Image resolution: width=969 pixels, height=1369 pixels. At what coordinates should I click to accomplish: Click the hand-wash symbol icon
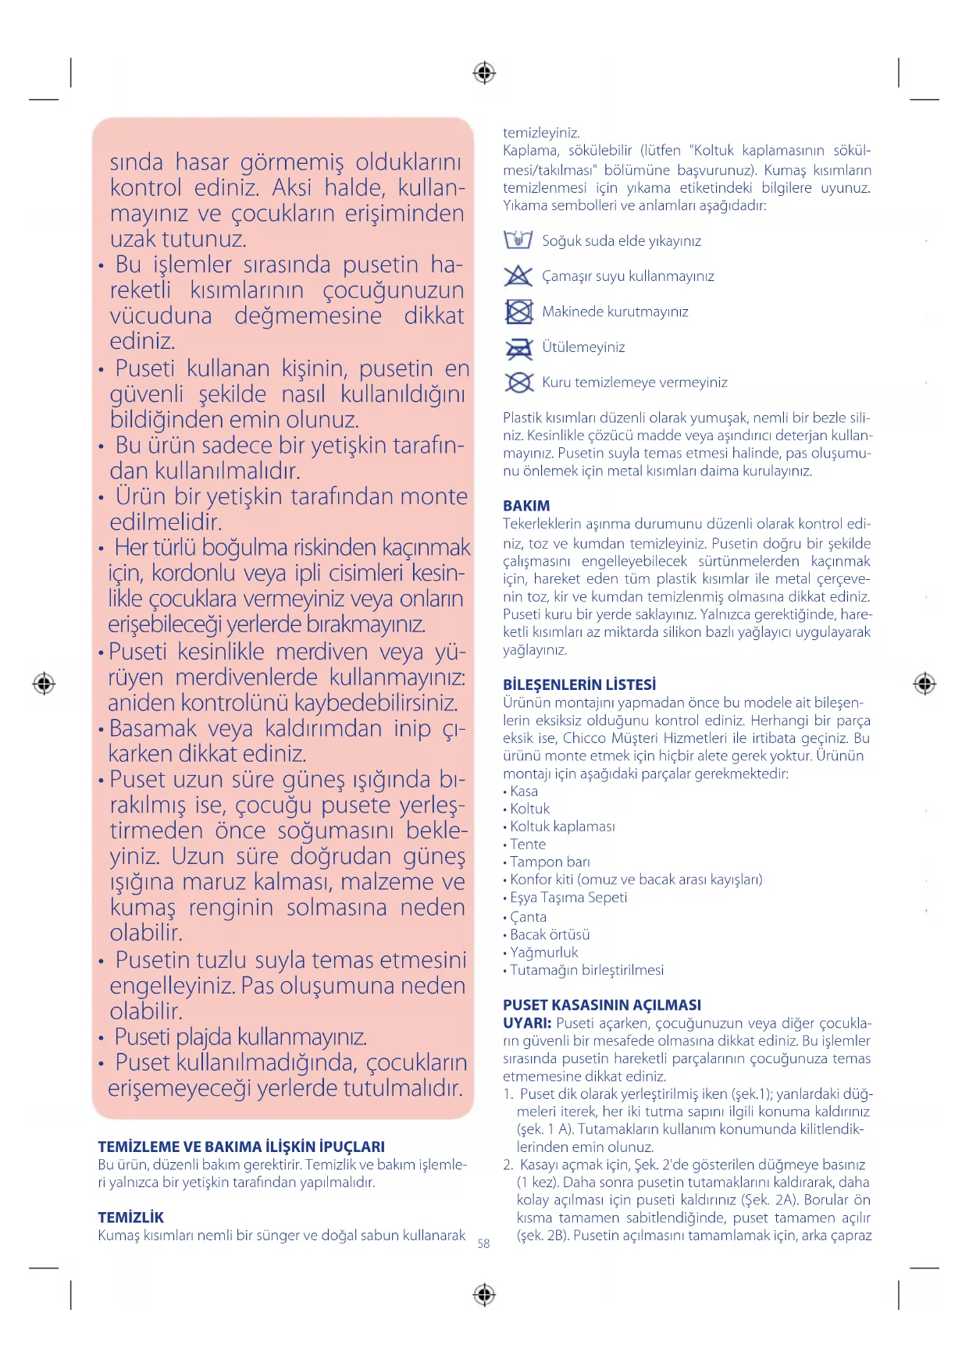click(518, 240)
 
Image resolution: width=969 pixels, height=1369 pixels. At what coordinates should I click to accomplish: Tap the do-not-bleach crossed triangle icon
click(518, 276)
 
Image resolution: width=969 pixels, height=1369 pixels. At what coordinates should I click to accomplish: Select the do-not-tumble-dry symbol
click(518, 311)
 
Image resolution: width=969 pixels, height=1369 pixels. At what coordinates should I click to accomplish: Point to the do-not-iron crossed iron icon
click(518, 347)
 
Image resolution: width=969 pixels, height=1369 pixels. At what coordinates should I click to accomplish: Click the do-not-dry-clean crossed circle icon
click(518, 382)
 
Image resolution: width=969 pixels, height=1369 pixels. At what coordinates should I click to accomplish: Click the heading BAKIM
click(526, 506)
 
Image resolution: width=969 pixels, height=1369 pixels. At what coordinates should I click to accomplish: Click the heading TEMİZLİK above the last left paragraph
click(131, 1217)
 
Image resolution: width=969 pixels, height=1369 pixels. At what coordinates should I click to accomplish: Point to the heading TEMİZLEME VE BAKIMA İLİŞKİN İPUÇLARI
click(241, 1147)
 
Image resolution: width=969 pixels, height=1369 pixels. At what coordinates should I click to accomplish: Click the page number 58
click(483, 1243)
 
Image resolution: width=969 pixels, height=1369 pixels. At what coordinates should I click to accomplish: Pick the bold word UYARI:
click(527, 1022)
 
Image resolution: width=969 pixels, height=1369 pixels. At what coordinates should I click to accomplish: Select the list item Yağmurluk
click(543, 952)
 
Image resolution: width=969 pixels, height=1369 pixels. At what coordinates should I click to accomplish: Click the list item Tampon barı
click(550, 862)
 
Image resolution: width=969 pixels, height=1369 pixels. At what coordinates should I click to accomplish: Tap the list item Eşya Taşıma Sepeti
click(568, 898)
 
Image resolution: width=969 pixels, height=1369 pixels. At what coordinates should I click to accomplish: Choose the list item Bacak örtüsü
click(550, 934)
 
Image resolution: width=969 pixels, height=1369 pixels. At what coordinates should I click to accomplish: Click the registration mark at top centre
click(484, 73)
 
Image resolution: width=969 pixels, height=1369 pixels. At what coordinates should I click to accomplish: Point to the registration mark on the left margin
click(44, 684)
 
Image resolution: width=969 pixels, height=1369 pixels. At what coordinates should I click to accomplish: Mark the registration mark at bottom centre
click(484, 1295)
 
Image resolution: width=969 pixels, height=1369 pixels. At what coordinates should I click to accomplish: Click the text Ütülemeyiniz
click(583, 347)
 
